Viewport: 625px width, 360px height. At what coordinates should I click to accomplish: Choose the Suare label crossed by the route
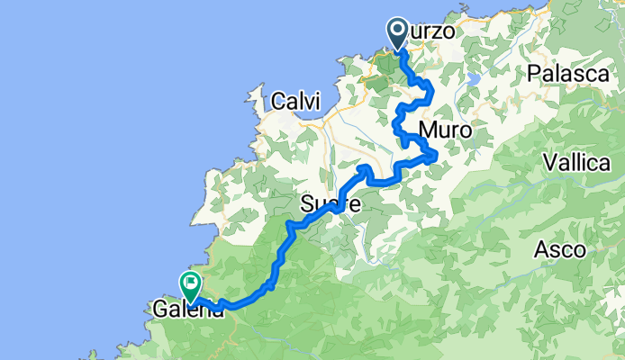(x=331, y=205)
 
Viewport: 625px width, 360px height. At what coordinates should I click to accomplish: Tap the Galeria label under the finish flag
(x=187, y=310)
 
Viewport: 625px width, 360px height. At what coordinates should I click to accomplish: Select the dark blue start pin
(x=398, y=32)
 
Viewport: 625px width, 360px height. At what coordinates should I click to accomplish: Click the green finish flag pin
(x=191, y=285)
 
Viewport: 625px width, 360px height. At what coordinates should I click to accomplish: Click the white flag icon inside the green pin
(x=191, y=283)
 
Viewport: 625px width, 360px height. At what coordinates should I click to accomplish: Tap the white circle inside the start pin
(x=398, y=30)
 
